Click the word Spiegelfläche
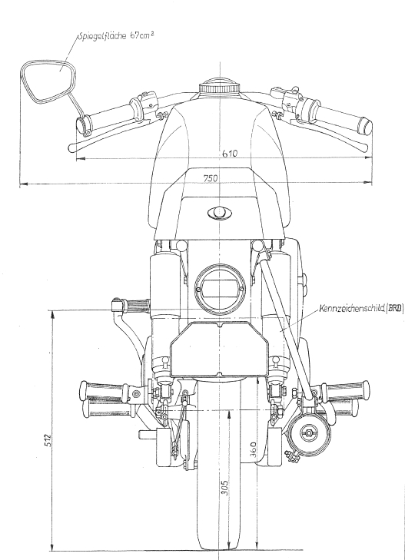[x=101, y=36]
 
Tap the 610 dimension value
[x=230, y=153]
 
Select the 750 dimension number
[x=211, y=178]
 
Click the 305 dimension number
[x=224, y=487]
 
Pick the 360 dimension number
[x=253, y=450]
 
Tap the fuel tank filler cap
[x=219, y=88]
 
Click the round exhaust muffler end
[x=308, y=433]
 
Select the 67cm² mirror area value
[x=141, y=35]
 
